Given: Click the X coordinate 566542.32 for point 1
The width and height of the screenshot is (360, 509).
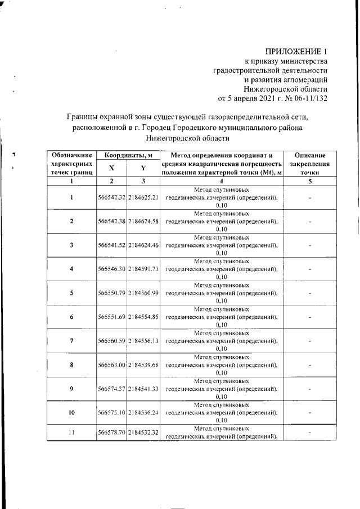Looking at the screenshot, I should coord(111,197).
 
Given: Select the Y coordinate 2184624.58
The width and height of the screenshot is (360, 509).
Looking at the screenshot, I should coord(143,220).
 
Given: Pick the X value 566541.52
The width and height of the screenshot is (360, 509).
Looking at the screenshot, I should coord(111,244).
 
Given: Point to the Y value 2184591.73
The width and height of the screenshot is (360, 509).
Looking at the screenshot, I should coord(143,269).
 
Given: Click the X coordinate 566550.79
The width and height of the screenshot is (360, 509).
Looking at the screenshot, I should coord(111,293).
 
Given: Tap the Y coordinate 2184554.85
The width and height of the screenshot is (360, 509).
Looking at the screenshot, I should coord(143,317).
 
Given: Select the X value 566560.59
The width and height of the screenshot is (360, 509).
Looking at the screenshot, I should coord(111,341).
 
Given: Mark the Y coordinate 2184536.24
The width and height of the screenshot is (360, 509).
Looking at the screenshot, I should coord(143,412).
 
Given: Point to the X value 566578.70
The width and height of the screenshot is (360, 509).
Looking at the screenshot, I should coord(111,433).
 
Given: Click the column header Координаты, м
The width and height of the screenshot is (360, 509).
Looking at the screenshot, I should coord(128,155).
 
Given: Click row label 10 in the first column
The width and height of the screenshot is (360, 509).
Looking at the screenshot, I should coord(71,412).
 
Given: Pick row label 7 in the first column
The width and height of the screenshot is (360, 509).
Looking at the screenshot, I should coord(71,341).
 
